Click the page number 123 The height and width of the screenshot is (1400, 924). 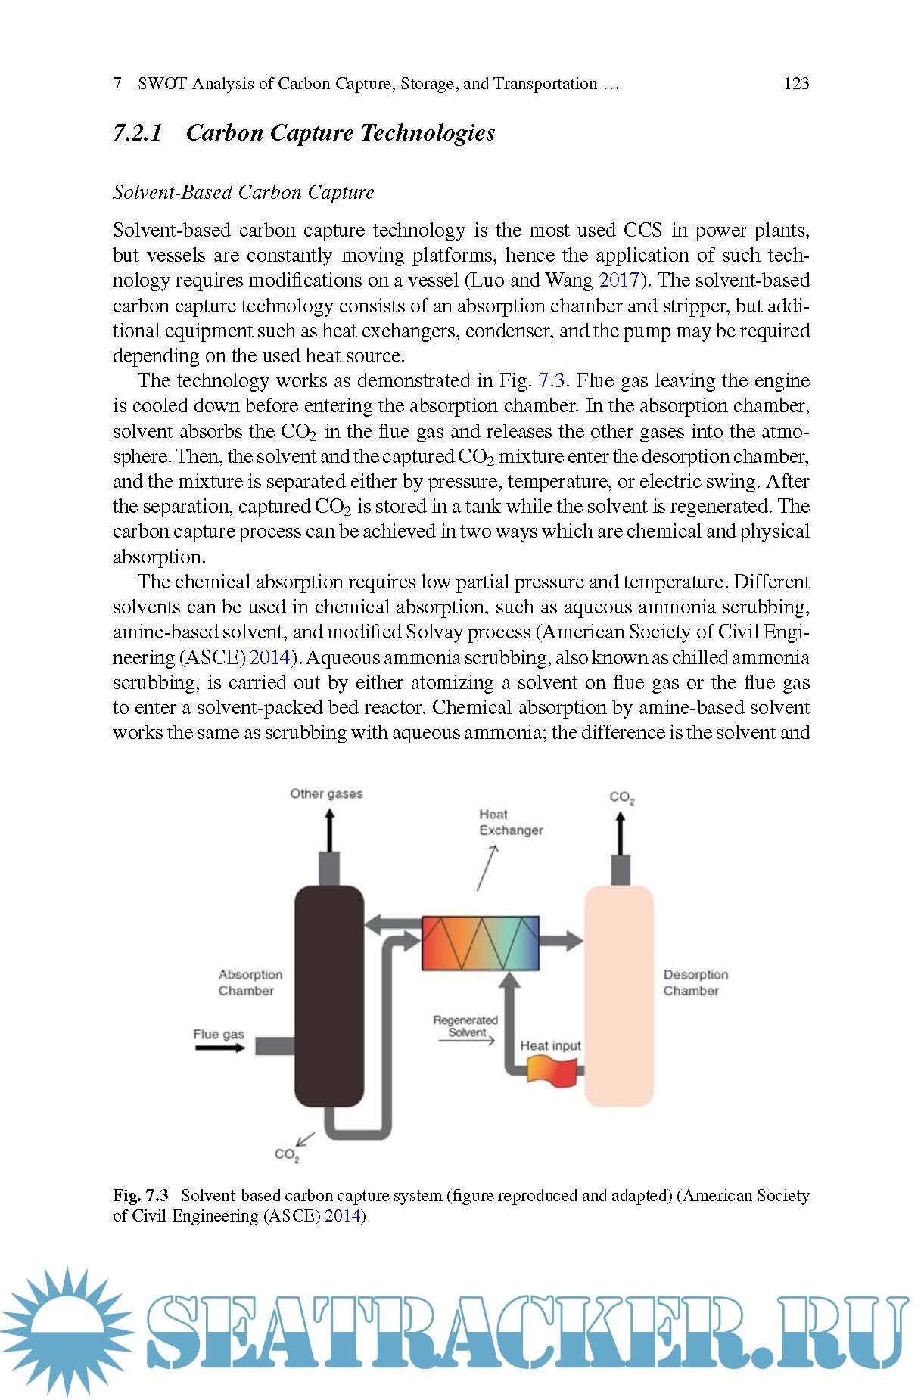click(x=796, y=84)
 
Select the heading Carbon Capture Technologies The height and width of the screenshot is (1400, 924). click(x=340, y=133)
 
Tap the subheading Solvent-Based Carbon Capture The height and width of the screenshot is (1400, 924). click(x=243, y=192)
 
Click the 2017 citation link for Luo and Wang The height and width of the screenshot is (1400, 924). click(x=619, y=281)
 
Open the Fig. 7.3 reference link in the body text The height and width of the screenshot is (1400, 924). click(x=551, y=380)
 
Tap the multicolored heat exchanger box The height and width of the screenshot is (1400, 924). click(x=481, y=943)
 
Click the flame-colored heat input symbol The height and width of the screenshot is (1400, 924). click(x=551, y=1070)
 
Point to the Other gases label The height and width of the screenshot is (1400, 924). click(x=326, y=793)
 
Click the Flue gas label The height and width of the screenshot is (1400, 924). click(x=218, y=1034)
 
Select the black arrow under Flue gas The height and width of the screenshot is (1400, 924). click(x=219, y=1048)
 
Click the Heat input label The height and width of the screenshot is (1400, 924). click(x=550, y=1045)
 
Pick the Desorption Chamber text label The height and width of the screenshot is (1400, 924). click(x=695, y=982)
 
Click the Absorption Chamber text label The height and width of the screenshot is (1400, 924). click(x=250, y=982)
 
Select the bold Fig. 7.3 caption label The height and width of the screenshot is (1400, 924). click(x=141, y=1195)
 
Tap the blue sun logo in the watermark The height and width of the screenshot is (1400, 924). click(x=67, y=1332)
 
